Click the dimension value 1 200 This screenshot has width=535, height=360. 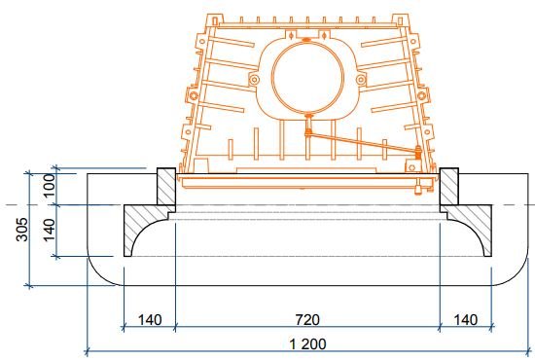click(307, 343)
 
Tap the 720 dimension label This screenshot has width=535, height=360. click(307, 320)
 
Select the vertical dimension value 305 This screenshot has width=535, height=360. click(22, 229)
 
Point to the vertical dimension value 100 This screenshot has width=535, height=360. click(50, 185)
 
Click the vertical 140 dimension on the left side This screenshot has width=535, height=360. click(50, 230)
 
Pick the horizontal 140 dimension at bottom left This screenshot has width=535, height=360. click(150, 320)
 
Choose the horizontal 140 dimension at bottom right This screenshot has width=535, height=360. click(465, 320)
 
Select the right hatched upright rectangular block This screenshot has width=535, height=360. click(449, 186)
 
